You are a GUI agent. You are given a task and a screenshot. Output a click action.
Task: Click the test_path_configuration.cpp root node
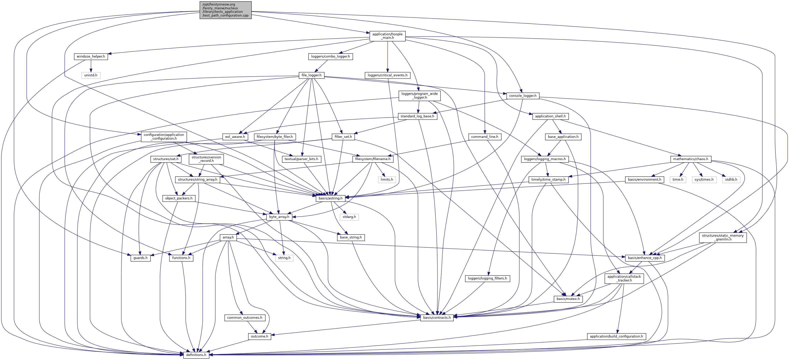pos(225,10)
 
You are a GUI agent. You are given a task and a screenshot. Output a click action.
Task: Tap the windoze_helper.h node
pos(91,57)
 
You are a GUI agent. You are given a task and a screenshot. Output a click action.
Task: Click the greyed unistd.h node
pos(91,75)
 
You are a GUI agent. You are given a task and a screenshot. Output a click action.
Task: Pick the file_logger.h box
pos(311,75)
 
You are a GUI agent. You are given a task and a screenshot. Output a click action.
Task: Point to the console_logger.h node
pos(522,96)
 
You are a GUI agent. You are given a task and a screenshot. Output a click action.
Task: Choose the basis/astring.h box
pos(330,198)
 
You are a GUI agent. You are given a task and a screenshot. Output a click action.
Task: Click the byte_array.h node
pos(279,217)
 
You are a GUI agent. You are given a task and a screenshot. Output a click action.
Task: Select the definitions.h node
pos(196,355)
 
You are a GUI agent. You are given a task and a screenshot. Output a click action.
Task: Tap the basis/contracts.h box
pos(437,317)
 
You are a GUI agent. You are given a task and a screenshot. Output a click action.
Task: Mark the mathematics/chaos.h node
pos(690,159)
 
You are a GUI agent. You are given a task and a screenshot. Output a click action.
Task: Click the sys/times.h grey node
pos(704,180)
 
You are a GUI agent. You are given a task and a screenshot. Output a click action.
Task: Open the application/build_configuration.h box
pos(616,336)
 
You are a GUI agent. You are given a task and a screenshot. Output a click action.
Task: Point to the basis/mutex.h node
pos(568,299)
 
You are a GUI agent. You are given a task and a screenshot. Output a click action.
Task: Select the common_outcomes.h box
pos(244,318)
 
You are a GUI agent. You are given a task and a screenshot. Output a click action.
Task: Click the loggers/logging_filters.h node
pos(487,278)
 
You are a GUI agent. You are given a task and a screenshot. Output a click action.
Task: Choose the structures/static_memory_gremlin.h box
pos(722,237)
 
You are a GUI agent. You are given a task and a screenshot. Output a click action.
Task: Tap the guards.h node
pos(140,258)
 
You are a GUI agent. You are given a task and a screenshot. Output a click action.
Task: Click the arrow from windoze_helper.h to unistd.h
pos(91,66)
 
